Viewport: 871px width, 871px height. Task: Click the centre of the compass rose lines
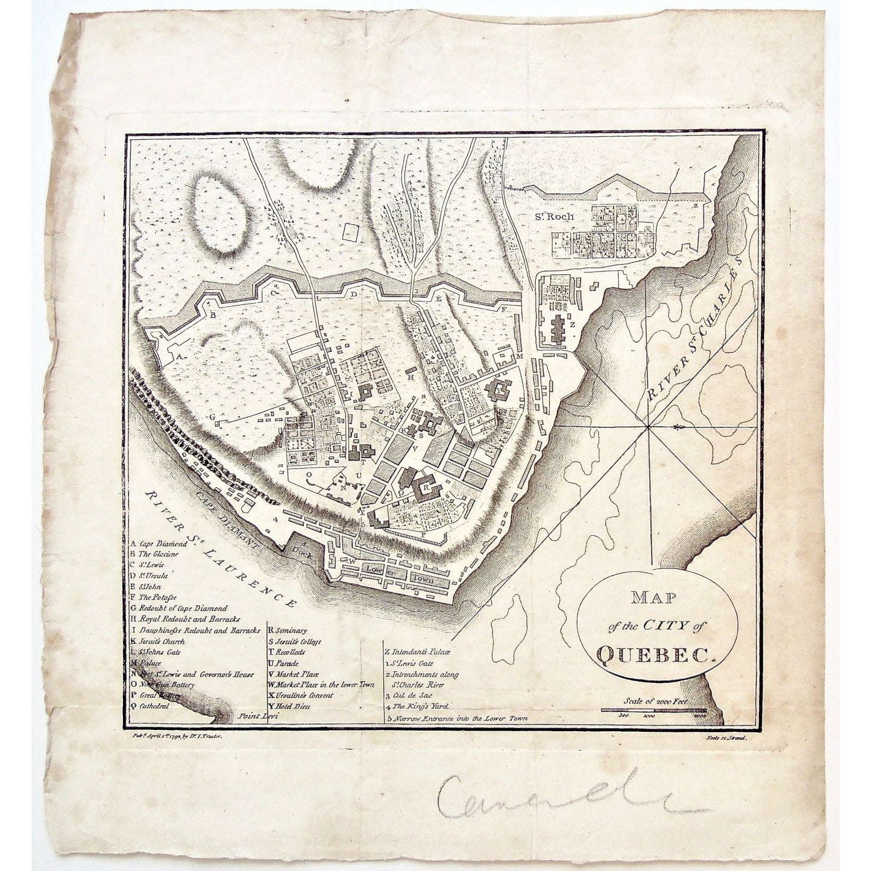[x=649, y=427]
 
